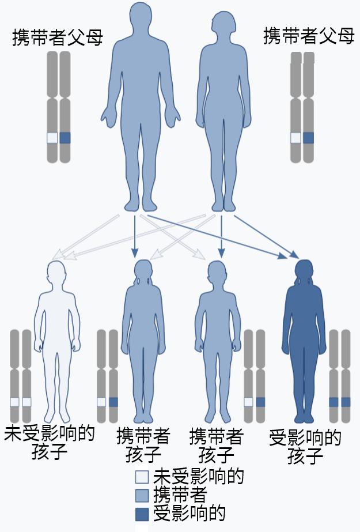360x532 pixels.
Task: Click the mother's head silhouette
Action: click(x=223, y=24)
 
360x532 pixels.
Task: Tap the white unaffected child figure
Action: click(x=57, y=341)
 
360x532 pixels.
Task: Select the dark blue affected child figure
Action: click(x=304, y=341)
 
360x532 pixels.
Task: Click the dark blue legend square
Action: click(x=142, y=514)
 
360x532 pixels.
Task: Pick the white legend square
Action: click(x=142, y=477)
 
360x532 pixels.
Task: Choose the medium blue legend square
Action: click(x=142, y=495)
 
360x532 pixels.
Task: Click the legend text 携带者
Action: click(x=180, y=495)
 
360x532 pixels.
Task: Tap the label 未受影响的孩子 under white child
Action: click(x=50, y=442)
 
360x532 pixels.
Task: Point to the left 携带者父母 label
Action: click(x=58, y=37)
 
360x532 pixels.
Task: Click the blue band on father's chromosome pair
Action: click(x=65, y=138)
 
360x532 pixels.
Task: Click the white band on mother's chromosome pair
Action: click(x=295, y=138)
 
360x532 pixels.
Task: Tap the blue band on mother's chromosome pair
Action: click(x=309, y=138)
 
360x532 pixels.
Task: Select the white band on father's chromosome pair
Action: click(x=52, y=138)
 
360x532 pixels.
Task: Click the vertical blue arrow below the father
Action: click(x=135, y=236)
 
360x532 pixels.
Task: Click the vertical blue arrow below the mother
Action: click(x=221, y=236)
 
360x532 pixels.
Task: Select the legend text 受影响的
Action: click(x=189, y=514)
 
